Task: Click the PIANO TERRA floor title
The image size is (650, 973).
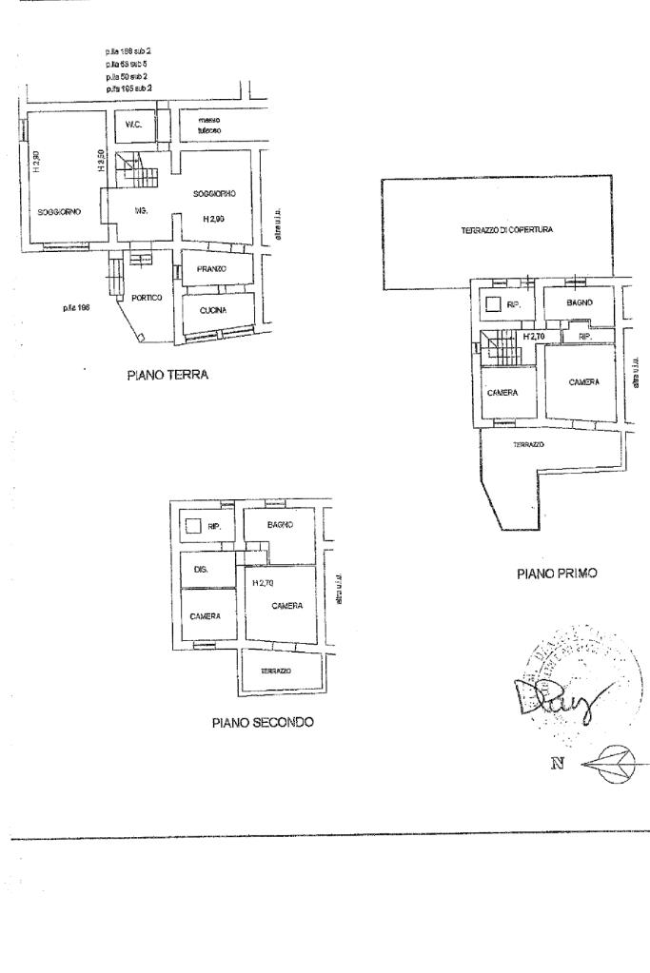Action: [x=167, y=375]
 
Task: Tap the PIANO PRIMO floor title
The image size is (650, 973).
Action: [x=557, y=574]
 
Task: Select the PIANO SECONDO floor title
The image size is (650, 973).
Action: [x=263, y=722]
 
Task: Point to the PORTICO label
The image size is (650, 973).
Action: [x=147, y=298]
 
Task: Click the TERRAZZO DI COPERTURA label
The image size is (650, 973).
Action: [x=507, y=229]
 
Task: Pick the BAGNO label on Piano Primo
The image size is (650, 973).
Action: [x=580, y=302]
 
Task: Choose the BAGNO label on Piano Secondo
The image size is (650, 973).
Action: [x=280, y=524]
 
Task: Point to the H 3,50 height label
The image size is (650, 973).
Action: [x=100, y=164]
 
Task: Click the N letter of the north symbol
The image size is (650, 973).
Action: [x=558, y=762]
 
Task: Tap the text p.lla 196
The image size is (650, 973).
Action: [x=75, y=308]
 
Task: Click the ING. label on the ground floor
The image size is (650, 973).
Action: [x=139, y=210]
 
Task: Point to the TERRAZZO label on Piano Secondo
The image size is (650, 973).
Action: [x=276, y=671]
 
